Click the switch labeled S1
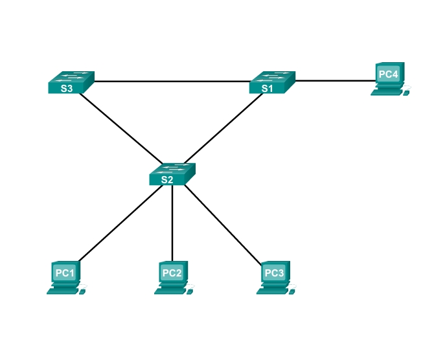272,82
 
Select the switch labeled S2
172,174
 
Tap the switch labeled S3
71,82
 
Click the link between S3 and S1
172,82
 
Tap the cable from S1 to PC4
334,81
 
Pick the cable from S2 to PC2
172,223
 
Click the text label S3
66,89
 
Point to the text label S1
267,89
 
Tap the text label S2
166,181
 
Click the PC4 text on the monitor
388,74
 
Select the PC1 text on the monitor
65,273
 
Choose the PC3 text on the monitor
273,273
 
